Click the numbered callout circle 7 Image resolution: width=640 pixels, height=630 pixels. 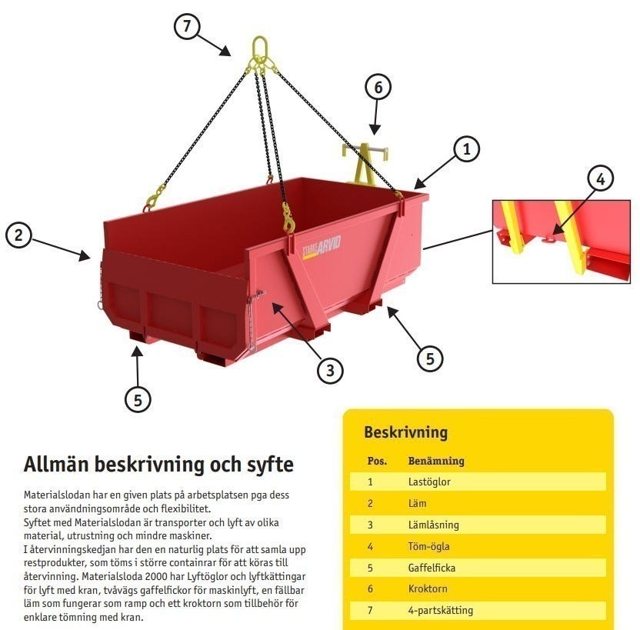[x=186, y=26]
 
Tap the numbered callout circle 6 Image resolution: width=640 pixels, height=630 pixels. [x=378, y=88]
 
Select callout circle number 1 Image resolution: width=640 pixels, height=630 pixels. [x=467, y=149]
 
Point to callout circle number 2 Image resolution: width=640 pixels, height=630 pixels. [x=18, y=235]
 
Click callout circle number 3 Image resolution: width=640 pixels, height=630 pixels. [x=329, y=370]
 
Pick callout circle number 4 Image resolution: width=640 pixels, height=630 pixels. [x=601, y=179]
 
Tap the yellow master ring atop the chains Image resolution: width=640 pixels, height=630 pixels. [x=259, y=48]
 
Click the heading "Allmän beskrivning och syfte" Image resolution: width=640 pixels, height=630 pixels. [x=158, y=465]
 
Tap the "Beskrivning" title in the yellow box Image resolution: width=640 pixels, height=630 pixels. [x=405, y=432]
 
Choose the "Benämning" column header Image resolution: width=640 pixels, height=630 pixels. [x=436, y=462]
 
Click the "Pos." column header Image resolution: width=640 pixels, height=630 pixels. [x=376, y=462]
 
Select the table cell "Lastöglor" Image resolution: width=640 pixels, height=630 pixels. [x=429, y=482]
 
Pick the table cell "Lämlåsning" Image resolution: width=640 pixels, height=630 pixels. [x=433, y=525]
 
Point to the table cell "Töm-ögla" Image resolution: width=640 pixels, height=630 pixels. [x=428, y=546]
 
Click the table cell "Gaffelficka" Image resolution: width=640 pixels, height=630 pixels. [x=431, y=568]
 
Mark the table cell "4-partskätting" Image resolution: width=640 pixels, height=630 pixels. [x=440, y=611]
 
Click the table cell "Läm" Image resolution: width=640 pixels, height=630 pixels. [x=418, y=504]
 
